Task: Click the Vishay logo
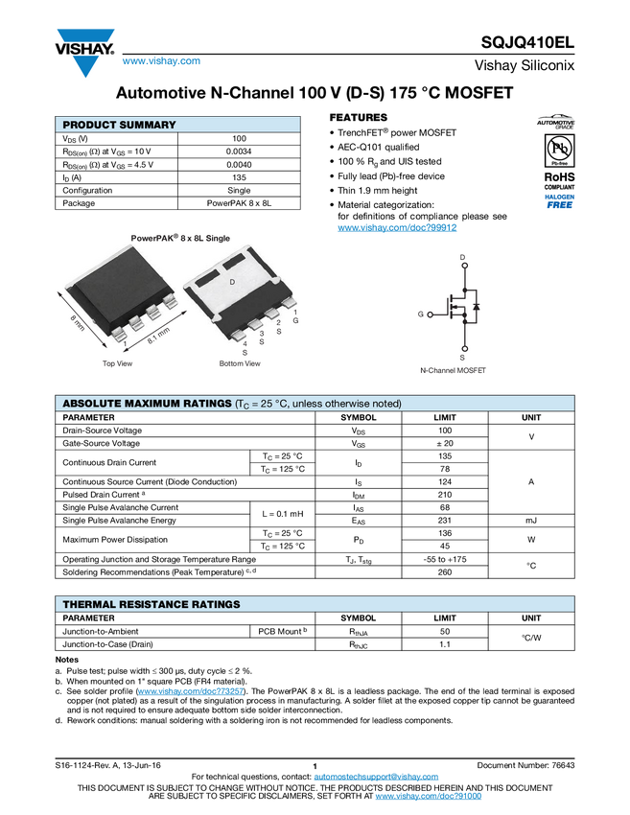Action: pos(84,51)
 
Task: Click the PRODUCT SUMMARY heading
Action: pos(119,125)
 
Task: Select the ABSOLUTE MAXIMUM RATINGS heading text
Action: pos(146,404)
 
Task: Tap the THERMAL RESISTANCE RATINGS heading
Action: pos(151,604)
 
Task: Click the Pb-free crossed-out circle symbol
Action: pos(556,149)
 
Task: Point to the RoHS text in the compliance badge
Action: pos(556,176)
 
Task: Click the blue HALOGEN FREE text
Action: pos(556,200)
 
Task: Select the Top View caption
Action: pos(118,363)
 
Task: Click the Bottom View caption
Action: pos(239,363)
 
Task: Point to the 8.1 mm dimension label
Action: pos(158,334)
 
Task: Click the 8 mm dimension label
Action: pos(78,323)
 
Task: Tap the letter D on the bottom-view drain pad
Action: pos(231,282)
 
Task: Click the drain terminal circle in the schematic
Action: pos(463,268)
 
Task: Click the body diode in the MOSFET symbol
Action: pos(477,309)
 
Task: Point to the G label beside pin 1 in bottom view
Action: pos(295,320)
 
